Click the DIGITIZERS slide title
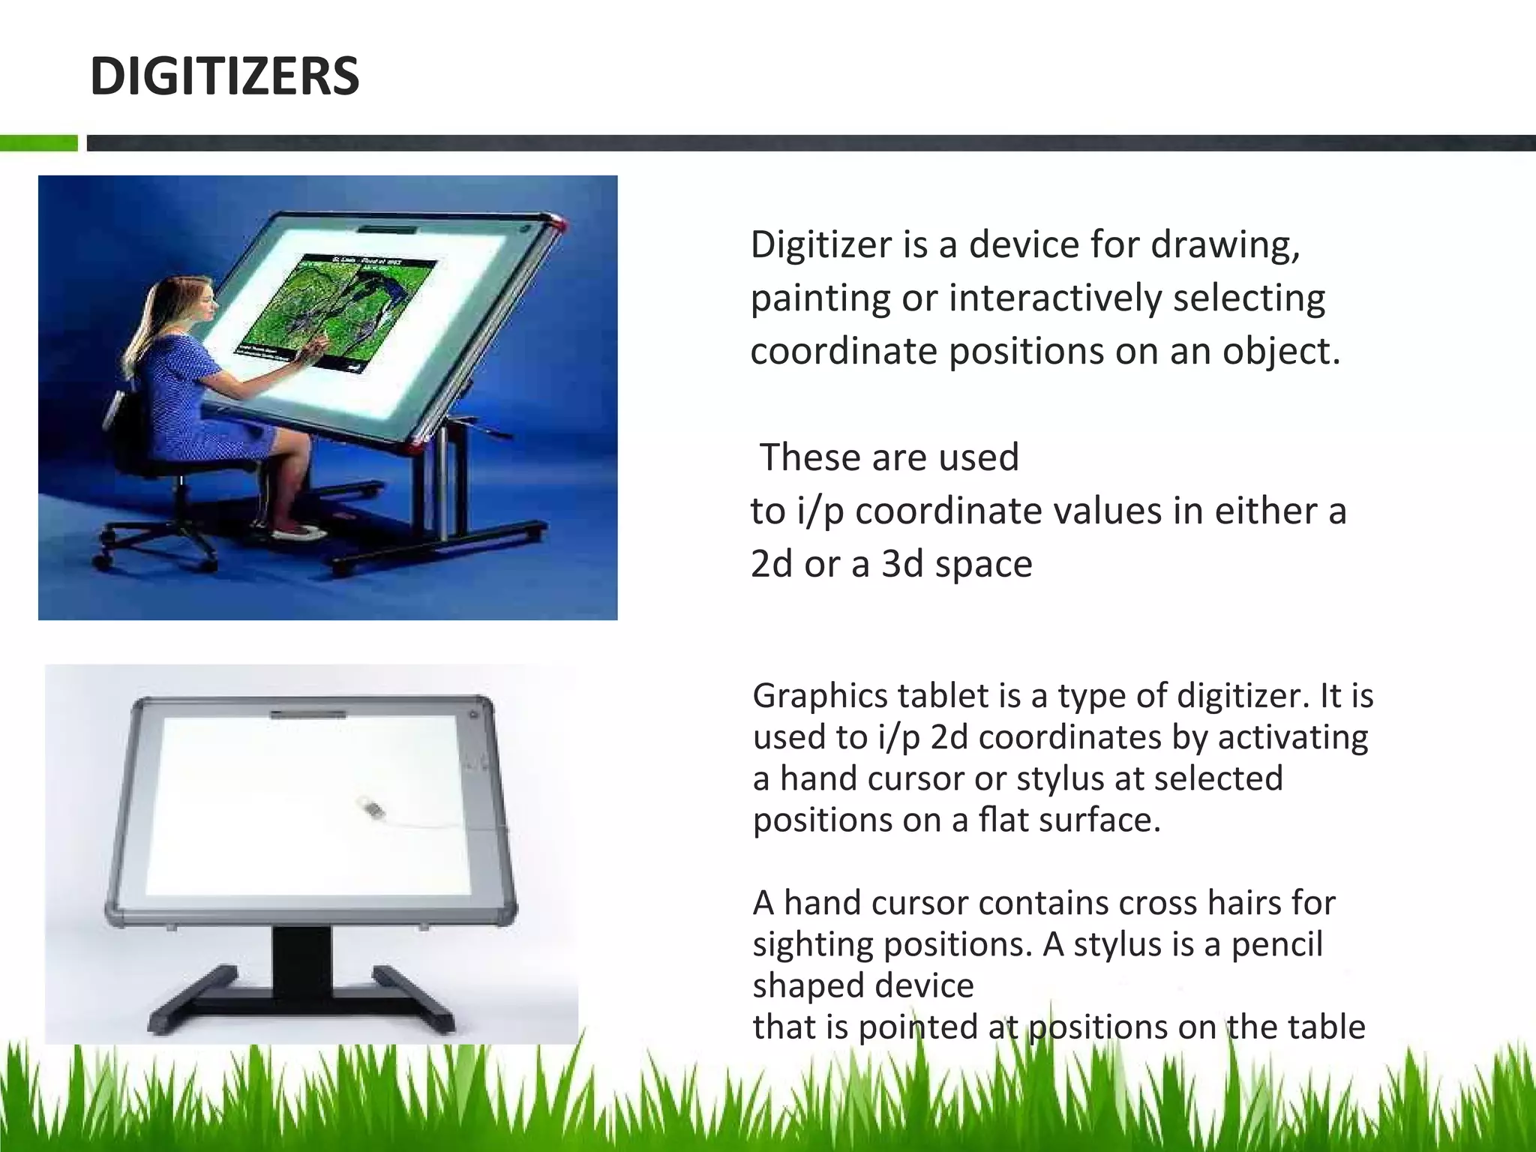click(x=224, y=76)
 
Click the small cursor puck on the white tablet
click(x=372, y=809)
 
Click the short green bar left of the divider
click(x=38, y=143)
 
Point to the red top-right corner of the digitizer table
click(x=558, y=223)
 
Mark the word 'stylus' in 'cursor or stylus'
click(x=1060, y=778)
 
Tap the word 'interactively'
click(x=1055, y=298)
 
